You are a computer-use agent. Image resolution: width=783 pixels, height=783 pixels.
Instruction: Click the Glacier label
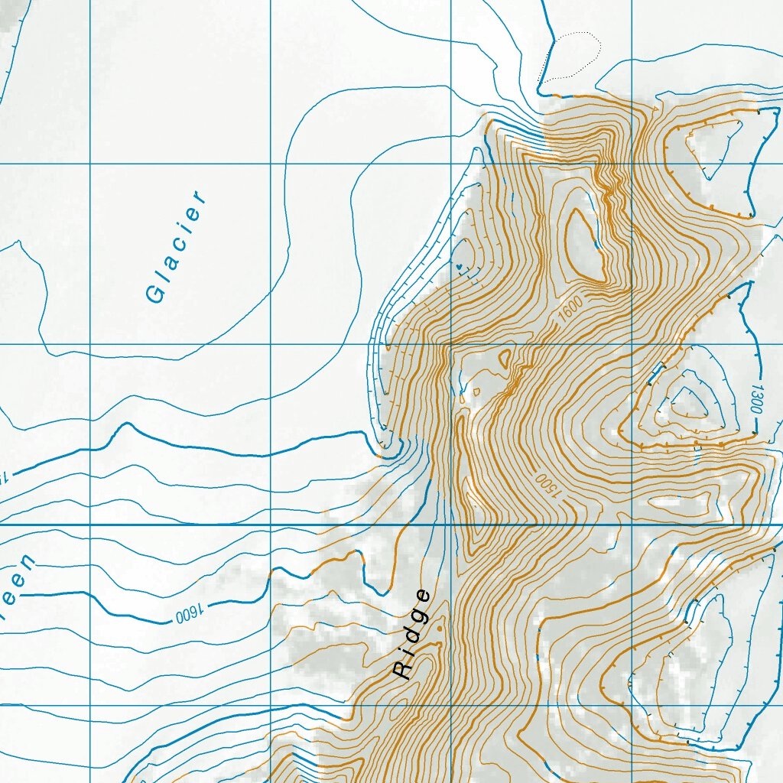[x=177, y=246]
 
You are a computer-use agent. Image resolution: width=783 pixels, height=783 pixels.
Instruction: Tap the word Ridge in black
[x=412, y=635]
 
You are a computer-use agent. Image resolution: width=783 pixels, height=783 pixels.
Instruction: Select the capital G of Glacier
[x=155, y=293]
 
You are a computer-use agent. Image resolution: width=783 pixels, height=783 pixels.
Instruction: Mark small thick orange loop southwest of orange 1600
[x=504, y=356]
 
